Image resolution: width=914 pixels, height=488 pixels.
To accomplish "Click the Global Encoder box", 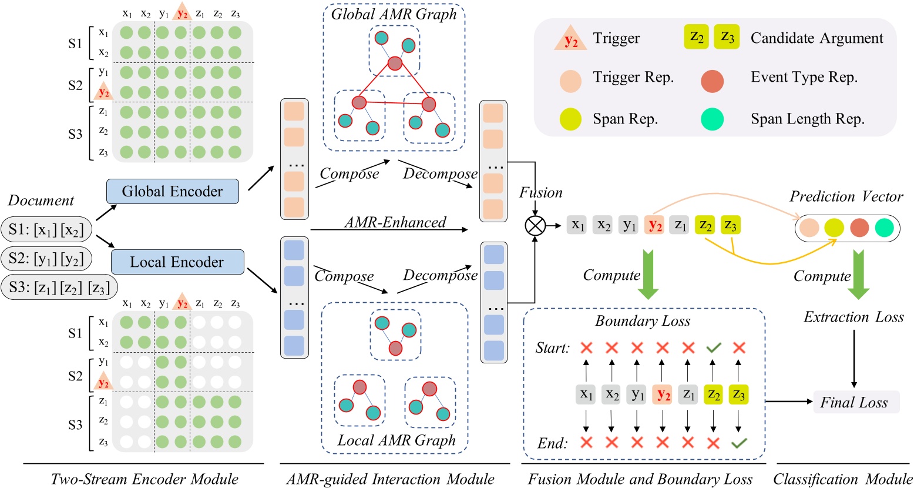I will point(172,192).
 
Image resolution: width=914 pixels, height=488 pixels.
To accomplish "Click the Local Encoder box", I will point(177,262).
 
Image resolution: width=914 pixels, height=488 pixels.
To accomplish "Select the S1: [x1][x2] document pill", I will point(46,229).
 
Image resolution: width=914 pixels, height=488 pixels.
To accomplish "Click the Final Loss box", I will point(854,403).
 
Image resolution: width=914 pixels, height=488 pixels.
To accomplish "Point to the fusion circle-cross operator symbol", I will point(536,225).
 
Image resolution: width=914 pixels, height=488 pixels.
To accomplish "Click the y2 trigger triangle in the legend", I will point(570,39).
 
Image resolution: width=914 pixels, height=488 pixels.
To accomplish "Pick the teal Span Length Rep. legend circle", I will point(712,119).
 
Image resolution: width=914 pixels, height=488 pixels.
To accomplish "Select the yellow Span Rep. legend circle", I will point(570,119).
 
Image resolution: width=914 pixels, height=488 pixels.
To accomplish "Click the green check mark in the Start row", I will point(714,348).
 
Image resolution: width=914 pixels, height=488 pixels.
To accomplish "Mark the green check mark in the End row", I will point(739,443).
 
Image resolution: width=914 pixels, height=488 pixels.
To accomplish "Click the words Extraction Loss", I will point(853,317).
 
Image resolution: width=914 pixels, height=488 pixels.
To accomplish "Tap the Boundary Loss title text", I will point(643,321).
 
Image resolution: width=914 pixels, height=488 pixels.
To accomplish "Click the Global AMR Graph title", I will point(394,15).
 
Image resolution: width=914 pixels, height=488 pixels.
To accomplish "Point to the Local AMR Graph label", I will point(396,441).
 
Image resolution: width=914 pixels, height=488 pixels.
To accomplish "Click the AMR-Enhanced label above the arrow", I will point(395,222).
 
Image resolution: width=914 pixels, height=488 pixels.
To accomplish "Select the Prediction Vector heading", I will point(846,196).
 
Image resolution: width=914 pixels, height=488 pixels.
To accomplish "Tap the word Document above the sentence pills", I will point(41,200).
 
